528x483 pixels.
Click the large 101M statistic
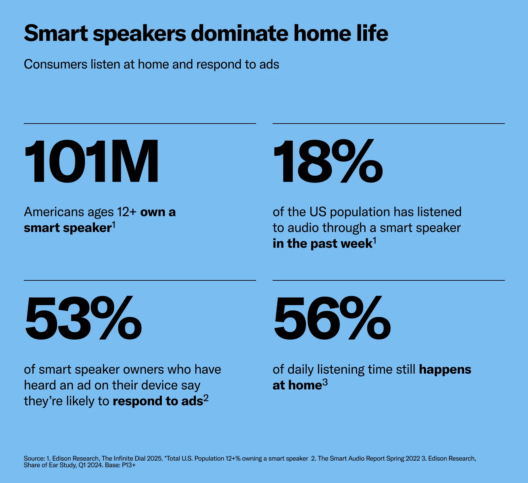coord(91,161)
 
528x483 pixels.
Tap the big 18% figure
coord(328,161)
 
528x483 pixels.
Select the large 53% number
coord(83,318)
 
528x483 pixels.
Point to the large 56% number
coord(332,318)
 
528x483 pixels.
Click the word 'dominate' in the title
coord(240,33)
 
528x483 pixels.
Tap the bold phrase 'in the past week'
coord(322,243)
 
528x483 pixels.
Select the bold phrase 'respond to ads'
coord(158,401)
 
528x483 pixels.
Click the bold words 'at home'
coord(297,385)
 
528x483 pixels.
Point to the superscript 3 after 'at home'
coord(325,383)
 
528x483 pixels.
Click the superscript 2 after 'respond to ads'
coord(206,398)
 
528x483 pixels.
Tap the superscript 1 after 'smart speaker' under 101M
coord(114,225)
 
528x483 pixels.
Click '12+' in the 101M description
coord(126,212)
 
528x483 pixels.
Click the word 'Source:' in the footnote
coord(34,458)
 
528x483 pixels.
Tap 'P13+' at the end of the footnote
coord(129,465)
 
